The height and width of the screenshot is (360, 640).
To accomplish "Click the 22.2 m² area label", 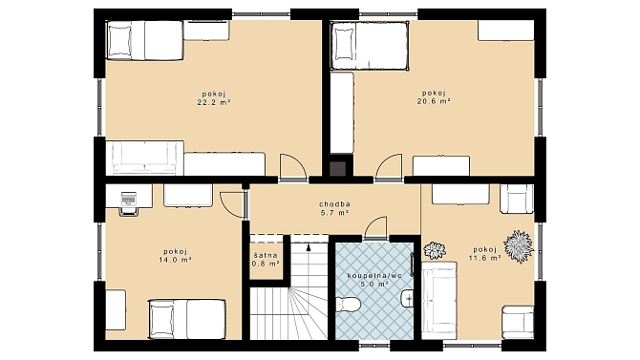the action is tap(214, 102).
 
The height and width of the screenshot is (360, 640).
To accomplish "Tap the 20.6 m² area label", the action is tap(434, 101).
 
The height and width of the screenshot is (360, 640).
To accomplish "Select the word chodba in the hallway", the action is tap(334, 204).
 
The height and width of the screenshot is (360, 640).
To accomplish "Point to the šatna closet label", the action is tap(266, 256).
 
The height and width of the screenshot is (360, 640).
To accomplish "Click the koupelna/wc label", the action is tap(374, 276).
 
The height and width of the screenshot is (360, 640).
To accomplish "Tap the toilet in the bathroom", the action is tap(348, 304).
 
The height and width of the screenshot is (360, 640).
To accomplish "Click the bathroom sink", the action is tap(407, 298).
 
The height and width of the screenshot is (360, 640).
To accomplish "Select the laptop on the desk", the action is tap(128, 198).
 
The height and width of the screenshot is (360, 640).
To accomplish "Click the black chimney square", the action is tap(337, 169).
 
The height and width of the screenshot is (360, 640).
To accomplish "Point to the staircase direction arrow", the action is tap(309, 247).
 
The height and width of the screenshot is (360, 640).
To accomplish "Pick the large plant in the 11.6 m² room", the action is tap(519, 246).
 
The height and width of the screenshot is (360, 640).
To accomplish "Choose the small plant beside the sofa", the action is tap(435, 250).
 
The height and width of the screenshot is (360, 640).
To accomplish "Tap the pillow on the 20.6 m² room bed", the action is tap(343, 45).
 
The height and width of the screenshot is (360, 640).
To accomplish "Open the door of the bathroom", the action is tap(375, 228).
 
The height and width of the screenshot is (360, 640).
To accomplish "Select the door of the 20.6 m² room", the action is tap(389, 167).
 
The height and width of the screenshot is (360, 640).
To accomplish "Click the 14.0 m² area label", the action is tap(175, 260).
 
